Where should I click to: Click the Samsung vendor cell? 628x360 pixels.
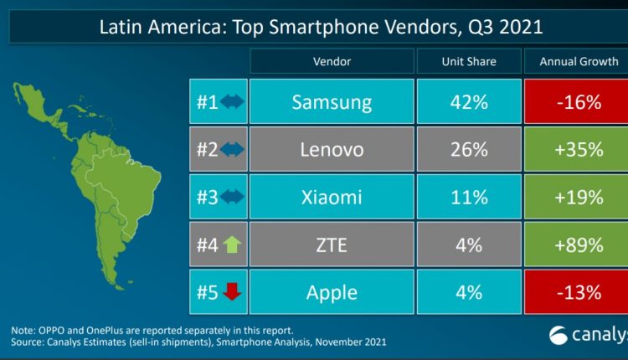point(332,103)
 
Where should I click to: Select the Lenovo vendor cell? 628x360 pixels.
point(332,150)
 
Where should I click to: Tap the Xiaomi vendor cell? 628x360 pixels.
point(332,198)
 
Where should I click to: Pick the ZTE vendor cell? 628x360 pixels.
point(332,245)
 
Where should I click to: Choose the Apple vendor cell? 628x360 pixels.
point(332,293)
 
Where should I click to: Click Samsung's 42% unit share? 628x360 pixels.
point(468,103)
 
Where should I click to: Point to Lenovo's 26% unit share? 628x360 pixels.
point(468,150)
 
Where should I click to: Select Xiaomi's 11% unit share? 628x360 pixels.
point(468,198)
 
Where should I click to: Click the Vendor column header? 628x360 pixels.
point(332,61)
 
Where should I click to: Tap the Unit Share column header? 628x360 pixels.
point(468,61)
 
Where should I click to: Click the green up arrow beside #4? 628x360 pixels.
point(232,246)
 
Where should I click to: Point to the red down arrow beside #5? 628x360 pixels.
point(232,293)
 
